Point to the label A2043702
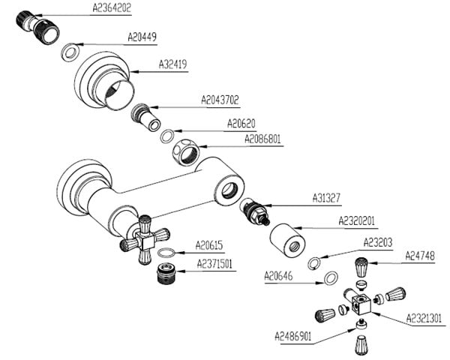[220, 99]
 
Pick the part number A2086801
[263, 139]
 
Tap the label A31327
[327, 198]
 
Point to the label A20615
[210, 244]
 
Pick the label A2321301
[424, 318]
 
